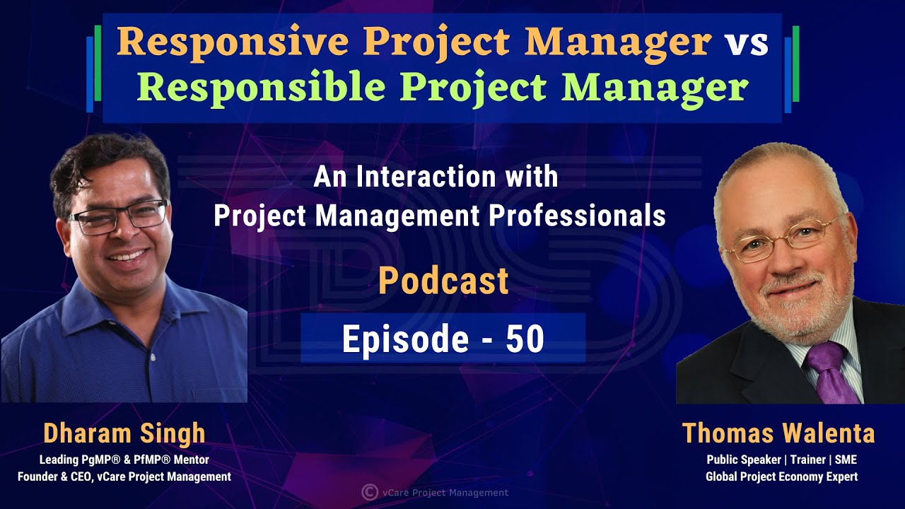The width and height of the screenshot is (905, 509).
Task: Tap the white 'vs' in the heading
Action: point(746,44)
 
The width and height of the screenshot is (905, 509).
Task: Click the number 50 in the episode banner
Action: point(525,340)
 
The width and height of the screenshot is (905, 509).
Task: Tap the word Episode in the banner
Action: point(405,340)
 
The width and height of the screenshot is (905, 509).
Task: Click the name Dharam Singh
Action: point(124,433)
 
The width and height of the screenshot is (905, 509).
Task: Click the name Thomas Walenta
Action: point(778,433)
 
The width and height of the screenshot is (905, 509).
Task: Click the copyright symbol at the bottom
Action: point(368,492)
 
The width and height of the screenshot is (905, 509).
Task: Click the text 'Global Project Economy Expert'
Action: point(781,477)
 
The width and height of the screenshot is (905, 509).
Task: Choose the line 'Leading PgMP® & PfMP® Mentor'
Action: point(124,460)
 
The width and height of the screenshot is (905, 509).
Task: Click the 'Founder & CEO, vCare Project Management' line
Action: point(124,477)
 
